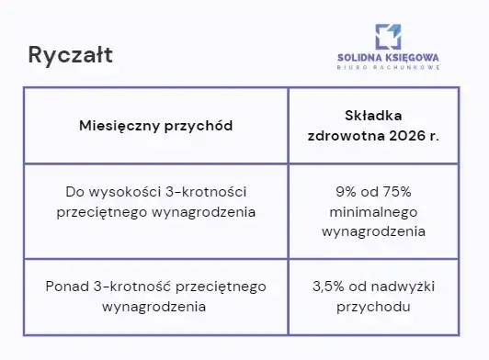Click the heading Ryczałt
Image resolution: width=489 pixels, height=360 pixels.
coord(71,55)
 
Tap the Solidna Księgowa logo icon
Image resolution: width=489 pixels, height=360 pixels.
coord(387,36)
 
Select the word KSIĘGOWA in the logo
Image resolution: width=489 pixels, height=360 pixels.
coord(410,57)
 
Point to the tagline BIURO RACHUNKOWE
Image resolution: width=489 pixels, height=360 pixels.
coord(387,67)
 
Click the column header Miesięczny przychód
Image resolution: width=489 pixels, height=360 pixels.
coord(155,125)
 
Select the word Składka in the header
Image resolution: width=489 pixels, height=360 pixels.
coord(373,116)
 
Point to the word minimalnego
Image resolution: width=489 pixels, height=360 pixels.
coord(373,211)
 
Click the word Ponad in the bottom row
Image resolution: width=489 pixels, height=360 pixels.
coord(66,287)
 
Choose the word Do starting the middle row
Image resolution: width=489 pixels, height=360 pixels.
coord(75,192)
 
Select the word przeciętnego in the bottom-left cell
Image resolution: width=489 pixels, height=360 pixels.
coord(222,287)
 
